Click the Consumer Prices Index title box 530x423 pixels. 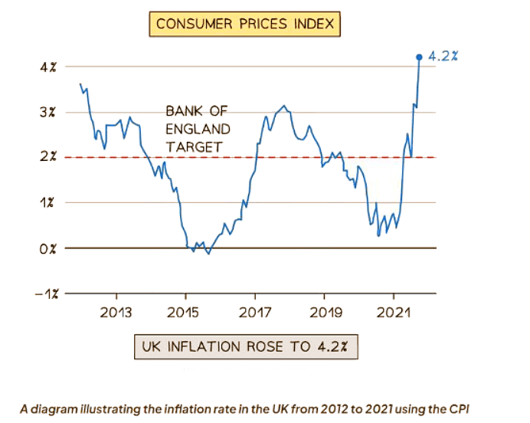pos(245,24)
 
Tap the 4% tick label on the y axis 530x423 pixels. pos(49,67)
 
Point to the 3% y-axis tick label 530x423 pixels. pos(49,112)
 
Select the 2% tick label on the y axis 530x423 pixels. pos(49,157)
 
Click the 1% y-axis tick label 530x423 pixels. pos(49,202)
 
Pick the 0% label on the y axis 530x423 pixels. pos(49,248)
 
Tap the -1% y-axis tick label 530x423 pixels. pos(46,293)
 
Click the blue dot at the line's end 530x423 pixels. pos(419,57)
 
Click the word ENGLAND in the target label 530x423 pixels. pos(198,129)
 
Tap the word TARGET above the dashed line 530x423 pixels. pos(194,146)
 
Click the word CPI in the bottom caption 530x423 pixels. pos(456,408)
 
